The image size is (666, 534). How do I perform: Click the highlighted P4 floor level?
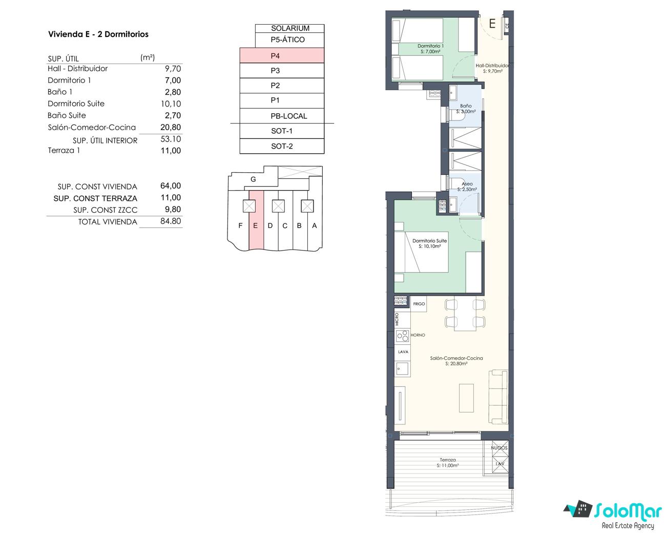coord(282,56)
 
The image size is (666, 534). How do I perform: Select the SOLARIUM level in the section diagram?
coord(290,28)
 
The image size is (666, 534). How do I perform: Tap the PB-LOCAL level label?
coord(289,116)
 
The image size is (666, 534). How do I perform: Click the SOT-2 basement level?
coord(282,146)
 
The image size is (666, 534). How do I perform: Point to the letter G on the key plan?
coord(253,179)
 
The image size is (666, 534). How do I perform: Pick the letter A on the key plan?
coord(315,225)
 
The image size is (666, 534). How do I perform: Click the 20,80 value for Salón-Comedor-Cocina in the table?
coord(171,127)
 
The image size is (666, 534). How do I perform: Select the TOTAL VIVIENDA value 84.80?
coord(171,221)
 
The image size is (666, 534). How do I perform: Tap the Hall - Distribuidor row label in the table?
coord(78,68)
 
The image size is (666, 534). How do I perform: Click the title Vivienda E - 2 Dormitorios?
coord(98,34)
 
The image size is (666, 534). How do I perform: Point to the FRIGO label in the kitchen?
coord(419,304)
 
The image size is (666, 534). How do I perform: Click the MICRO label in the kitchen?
coord(397,319)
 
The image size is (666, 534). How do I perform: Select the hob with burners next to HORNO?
coord(403,336)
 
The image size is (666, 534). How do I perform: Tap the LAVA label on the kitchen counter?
coord(403,352)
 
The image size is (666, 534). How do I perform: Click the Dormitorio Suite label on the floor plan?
coord(429,241)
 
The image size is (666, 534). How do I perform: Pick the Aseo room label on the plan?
coord(467,184)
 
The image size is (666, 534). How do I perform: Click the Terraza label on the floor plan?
coord(448,460)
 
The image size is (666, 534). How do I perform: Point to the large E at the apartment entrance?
coord(492,24)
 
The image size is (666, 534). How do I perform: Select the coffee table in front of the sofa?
coord(466,398)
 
